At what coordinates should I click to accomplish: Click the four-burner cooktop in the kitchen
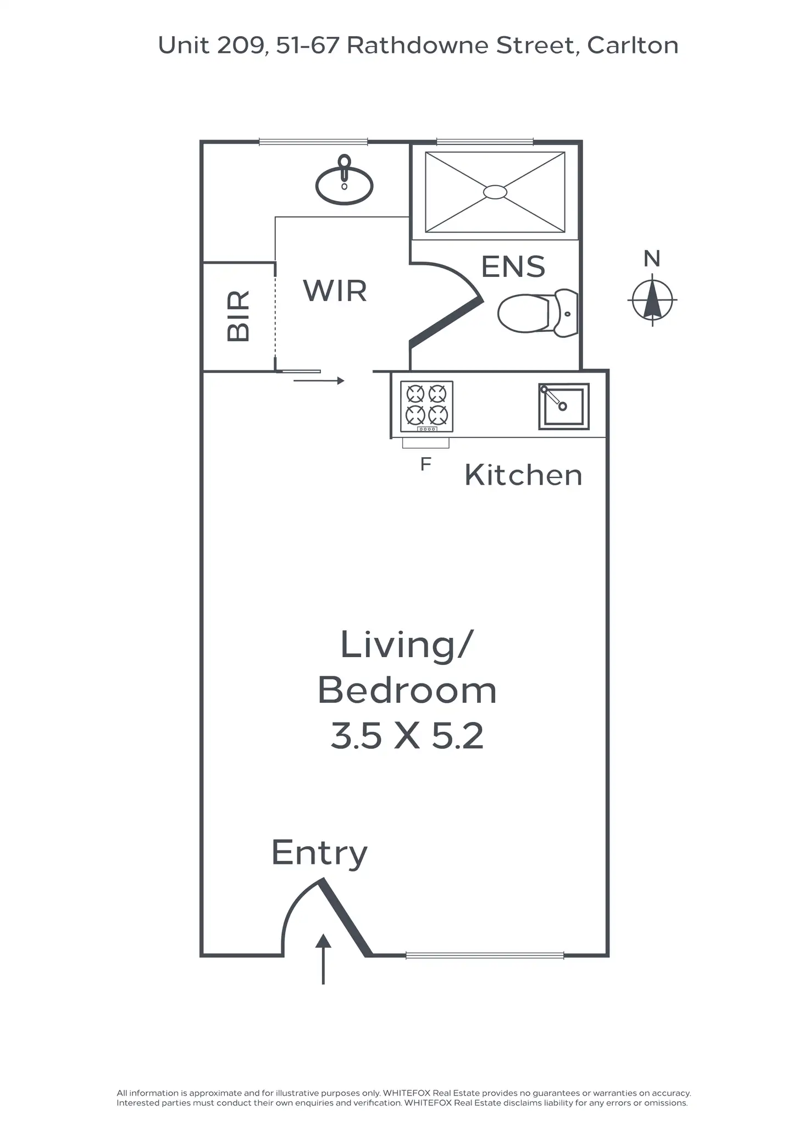(x=426, y=407)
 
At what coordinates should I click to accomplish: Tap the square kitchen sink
(x=563, y=407)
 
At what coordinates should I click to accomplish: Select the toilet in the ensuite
(x=537, y=313)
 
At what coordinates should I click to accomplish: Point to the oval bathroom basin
(x=345, y=185)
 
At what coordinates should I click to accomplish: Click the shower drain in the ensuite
(x=495, y=192)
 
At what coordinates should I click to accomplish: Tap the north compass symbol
(x=652, y=301)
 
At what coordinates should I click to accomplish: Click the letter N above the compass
(x=652, y=259)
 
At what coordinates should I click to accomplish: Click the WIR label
(x=335, y=291)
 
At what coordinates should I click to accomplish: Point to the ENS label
(x=513, y=267)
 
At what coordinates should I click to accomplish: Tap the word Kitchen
(x=523, y=475)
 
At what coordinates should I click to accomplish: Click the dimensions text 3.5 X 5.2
(x=407, y=736)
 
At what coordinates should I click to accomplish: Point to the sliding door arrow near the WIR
(x=319, y=381)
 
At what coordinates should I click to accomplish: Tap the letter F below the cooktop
(x=425, y=465)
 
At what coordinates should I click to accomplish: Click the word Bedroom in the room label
(x=407, y=691)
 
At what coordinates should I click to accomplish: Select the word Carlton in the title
(x=633, y=46)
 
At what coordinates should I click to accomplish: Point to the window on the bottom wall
(x=485, y=956)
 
